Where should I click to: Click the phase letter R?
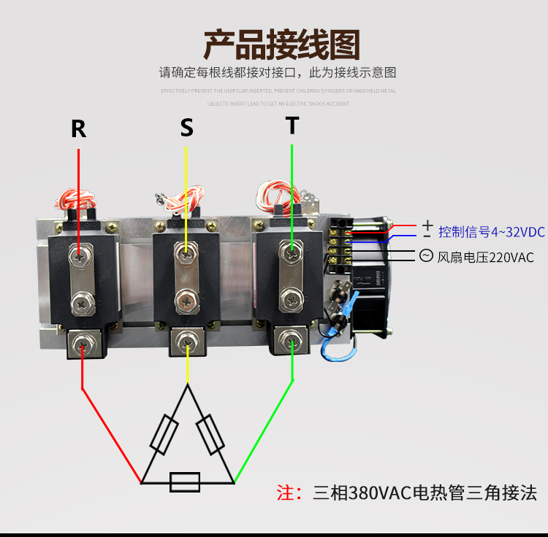coord(78,129)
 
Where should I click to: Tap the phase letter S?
coord(187,128)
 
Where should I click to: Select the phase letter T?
coord(292,125)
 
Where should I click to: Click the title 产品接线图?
coord(281,45)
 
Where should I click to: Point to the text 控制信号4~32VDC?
coord(491,232)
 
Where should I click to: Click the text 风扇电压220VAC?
coord(485,257)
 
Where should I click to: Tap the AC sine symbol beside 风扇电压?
coord(425,255)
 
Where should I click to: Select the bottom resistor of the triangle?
coord(185,482)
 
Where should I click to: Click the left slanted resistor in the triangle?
coord(163,435)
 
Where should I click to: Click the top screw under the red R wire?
coord(79,255)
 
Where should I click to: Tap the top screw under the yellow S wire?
coord(187,254)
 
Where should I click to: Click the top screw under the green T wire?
coord(292,254)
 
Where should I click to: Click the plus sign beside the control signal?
coord(427,225)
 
